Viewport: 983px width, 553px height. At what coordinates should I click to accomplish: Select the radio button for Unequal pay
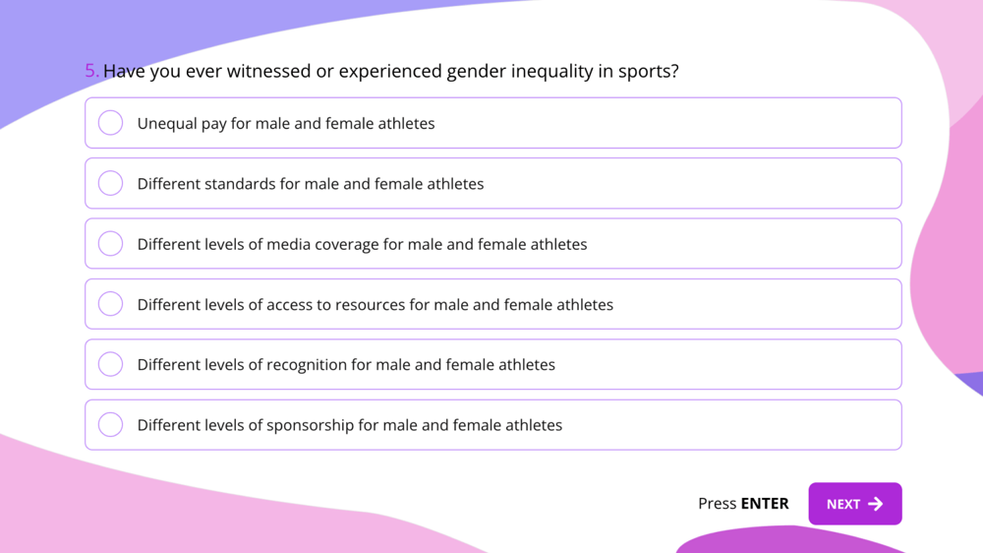(x=111, y=123)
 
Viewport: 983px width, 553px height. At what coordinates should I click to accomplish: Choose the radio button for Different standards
(x=111, y=183)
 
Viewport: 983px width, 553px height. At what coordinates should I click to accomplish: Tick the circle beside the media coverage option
(x=111, y=243)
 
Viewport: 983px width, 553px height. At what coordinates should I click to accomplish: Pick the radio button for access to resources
(x=111, y=304)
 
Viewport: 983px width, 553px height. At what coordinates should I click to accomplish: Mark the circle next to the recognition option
(x=111, y=364)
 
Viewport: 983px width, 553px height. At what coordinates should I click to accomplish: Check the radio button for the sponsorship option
(x=111, y=425)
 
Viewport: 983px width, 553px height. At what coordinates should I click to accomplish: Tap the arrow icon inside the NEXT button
(x=876, y=504)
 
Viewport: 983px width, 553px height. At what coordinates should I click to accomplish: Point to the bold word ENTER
(x=765, y=504)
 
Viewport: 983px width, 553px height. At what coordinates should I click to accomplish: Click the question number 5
(x=91, y=71)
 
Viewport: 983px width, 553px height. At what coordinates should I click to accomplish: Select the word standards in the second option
(x=246, y=184)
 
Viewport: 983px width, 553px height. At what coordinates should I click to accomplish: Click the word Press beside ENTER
(x=717, y=504)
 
